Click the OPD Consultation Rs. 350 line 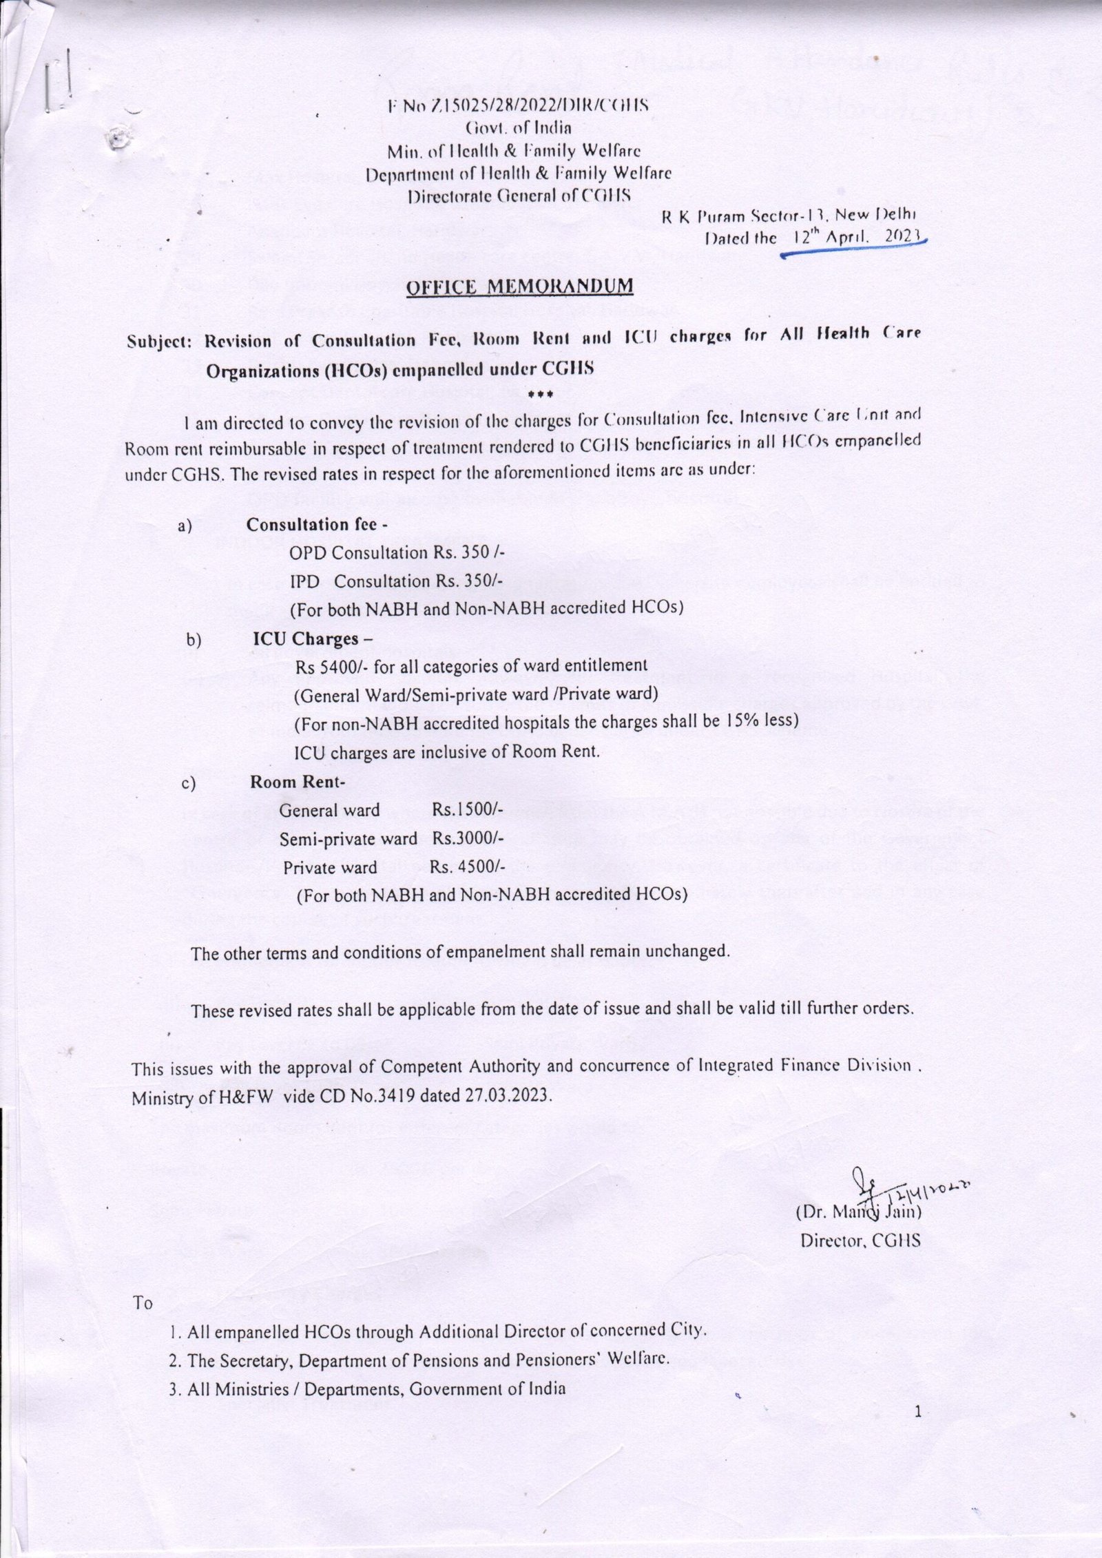[x=398, y=553]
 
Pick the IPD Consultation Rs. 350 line [x=397, y=581]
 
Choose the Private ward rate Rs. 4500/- [x=468, y=867]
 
